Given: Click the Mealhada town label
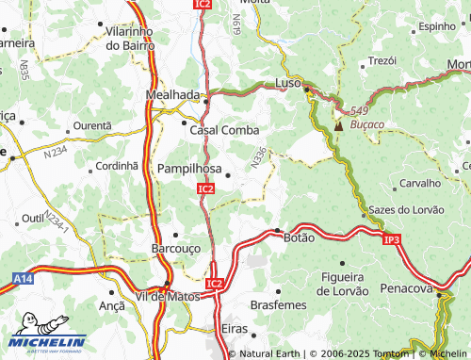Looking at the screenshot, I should coord(173,95).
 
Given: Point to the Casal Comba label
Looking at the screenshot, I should coord(225,131).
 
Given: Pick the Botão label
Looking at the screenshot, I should coord(299,239).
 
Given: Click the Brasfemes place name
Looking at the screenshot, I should coord(279,305).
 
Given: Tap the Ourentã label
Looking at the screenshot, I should coord(92,125).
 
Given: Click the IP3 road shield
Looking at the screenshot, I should coord(392,240).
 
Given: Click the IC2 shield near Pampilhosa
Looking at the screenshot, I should coord(205,189).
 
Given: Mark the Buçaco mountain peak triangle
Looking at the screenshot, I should coord(338,124).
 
